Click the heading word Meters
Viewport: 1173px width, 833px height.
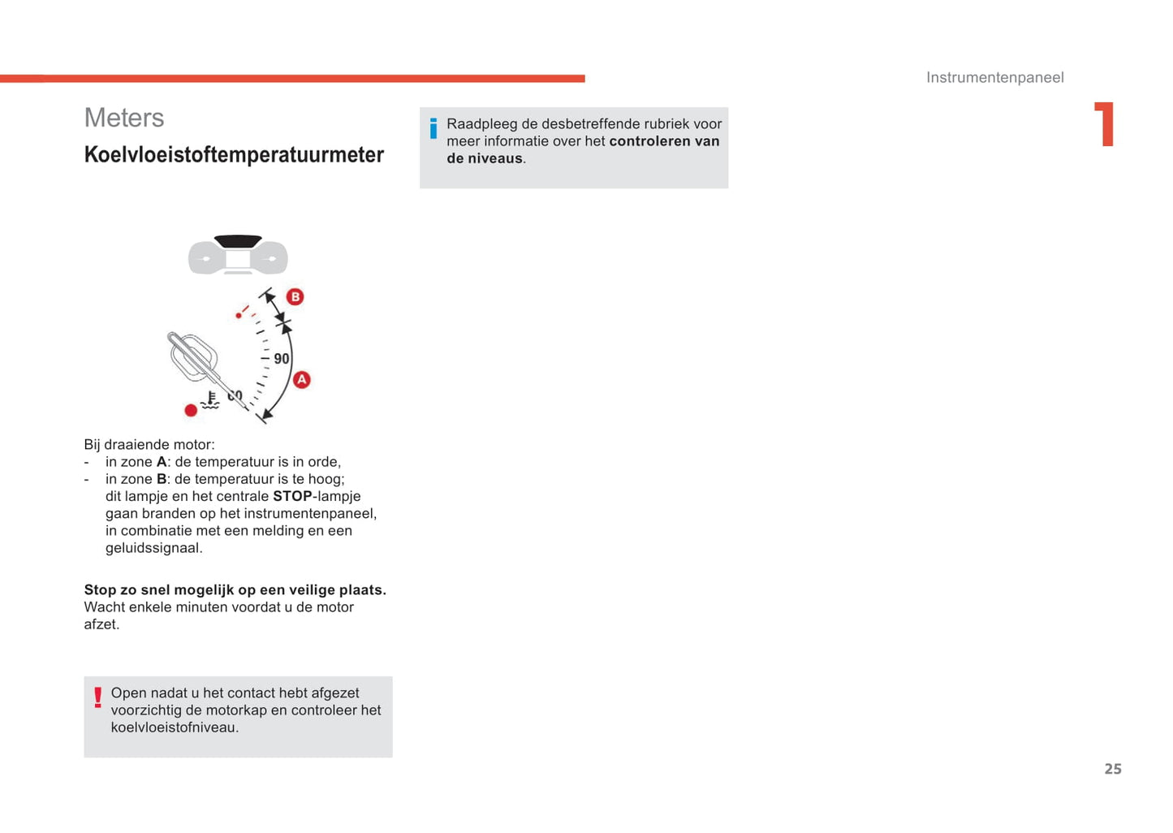tap(124, 119)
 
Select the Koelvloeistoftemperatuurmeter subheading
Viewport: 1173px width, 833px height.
tap(234, 155)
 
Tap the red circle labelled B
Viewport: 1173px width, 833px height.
tap(295, 297)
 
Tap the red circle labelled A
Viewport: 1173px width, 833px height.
tap(302, 379)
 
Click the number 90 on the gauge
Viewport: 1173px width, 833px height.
tap(281, 359)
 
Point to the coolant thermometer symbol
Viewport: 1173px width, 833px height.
tap(210, 400)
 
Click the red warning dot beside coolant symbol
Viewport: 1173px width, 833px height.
tap(191, 410)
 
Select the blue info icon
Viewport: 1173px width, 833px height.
tap(433, 128)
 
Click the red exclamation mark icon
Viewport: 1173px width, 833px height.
tap(97, 697)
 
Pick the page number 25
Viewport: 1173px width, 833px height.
tap(1112, 769)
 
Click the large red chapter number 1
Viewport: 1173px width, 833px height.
tap(1105, 124)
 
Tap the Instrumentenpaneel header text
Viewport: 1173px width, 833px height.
tap(994, 78)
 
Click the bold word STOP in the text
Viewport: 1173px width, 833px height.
tap(292, 496)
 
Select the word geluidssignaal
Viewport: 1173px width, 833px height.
tap(153, 548)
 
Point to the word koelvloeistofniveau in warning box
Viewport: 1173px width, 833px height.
tap(174, 727)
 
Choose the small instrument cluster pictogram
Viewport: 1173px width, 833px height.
tap(238, 255)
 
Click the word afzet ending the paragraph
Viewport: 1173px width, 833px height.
tap(101, 624)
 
